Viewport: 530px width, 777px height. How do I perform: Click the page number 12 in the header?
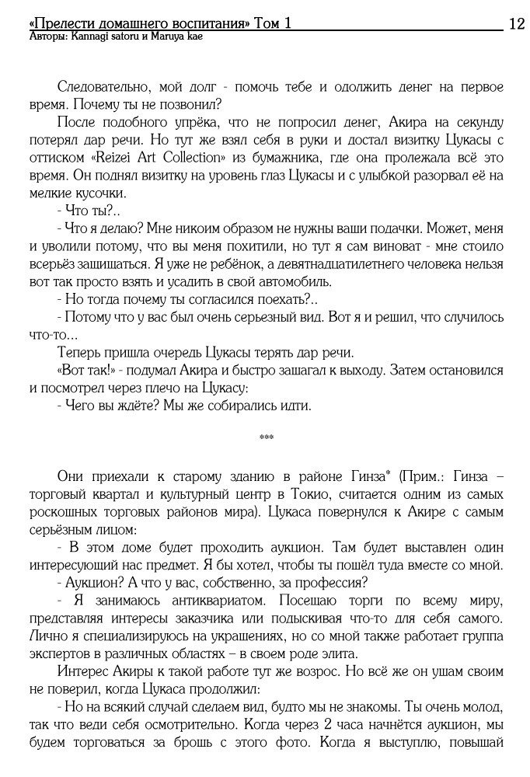(516, 24)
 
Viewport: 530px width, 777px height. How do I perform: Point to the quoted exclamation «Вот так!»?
(82, 369)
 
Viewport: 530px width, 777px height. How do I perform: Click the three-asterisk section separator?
(266, 438)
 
